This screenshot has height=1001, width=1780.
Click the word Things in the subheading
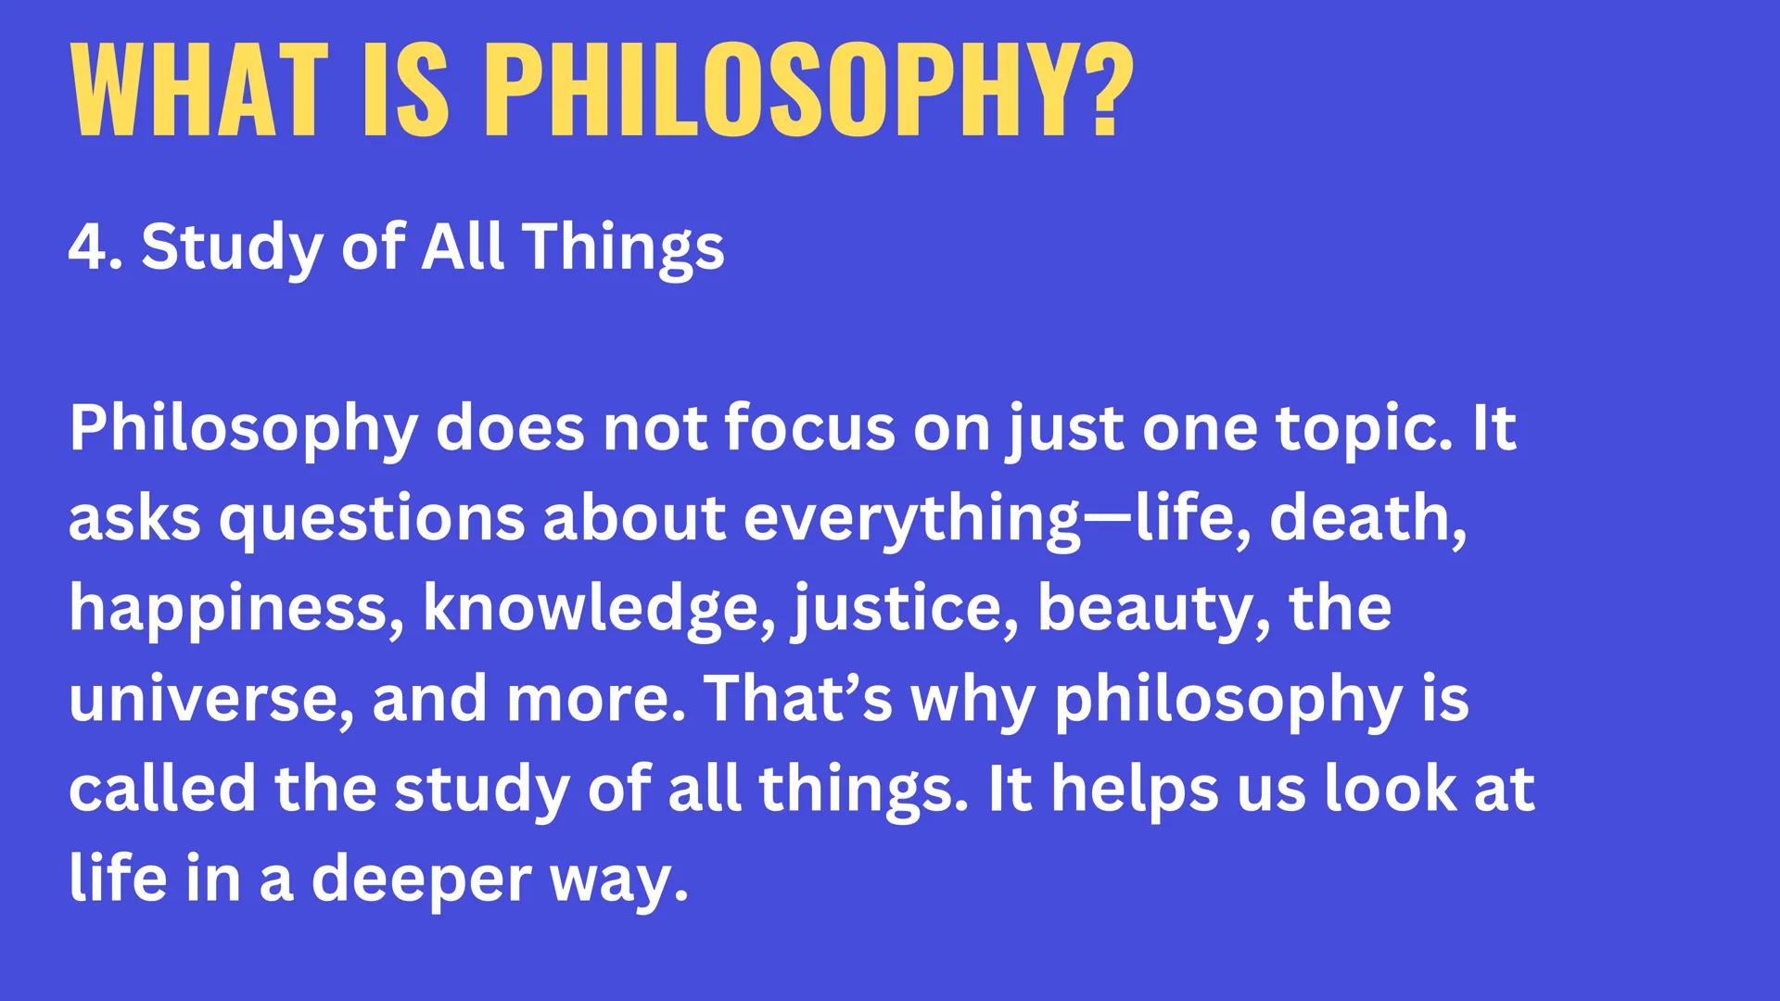(x=623, y=248)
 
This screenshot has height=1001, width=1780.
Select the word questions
(x=372, y=519)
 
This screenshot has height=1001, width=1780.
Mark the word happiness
(x=236, y=609)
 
